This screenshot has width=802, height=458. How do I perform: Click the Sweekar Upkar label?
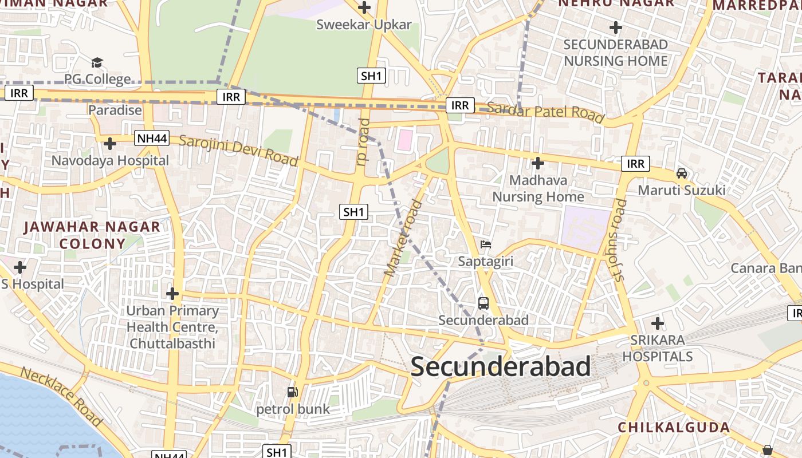coord(364,25)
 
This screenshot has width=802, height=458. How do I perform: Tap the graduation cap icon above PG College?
coord(97,62)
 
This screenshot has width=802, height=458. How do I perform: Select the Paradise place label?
coord(115,110)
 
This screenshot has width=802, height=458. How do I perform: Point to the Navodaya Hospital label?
coord(110,160)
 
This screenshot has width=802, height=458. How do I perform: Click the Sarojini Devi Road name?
coord(238,150)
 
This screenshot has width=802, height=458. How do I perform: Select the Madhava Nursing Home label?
coord(538,188)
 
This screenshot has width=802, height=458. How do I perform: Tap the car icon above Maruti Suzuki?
coord(682,173)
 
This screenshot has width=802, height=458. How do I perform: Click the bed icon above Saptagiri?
coord(486,244)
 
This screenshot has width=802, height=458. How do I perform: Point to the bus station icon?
coord(483,303)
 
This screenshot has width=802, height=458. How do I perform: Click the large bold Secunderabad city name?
coord(500,366)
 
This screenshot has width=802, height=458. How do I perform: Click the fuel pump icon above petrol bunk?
coord(293,392)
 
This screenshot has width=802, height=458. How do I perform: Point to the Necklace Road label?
coord(61,396)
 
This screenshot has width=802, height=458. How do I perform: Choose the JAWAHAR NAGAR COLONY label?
coord(92,235)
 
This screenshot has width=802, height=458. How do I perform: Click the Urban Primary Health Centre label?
coord(172,327)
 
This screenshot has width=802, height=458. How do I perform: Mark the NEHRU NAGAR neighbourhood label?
coord(616,3)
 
